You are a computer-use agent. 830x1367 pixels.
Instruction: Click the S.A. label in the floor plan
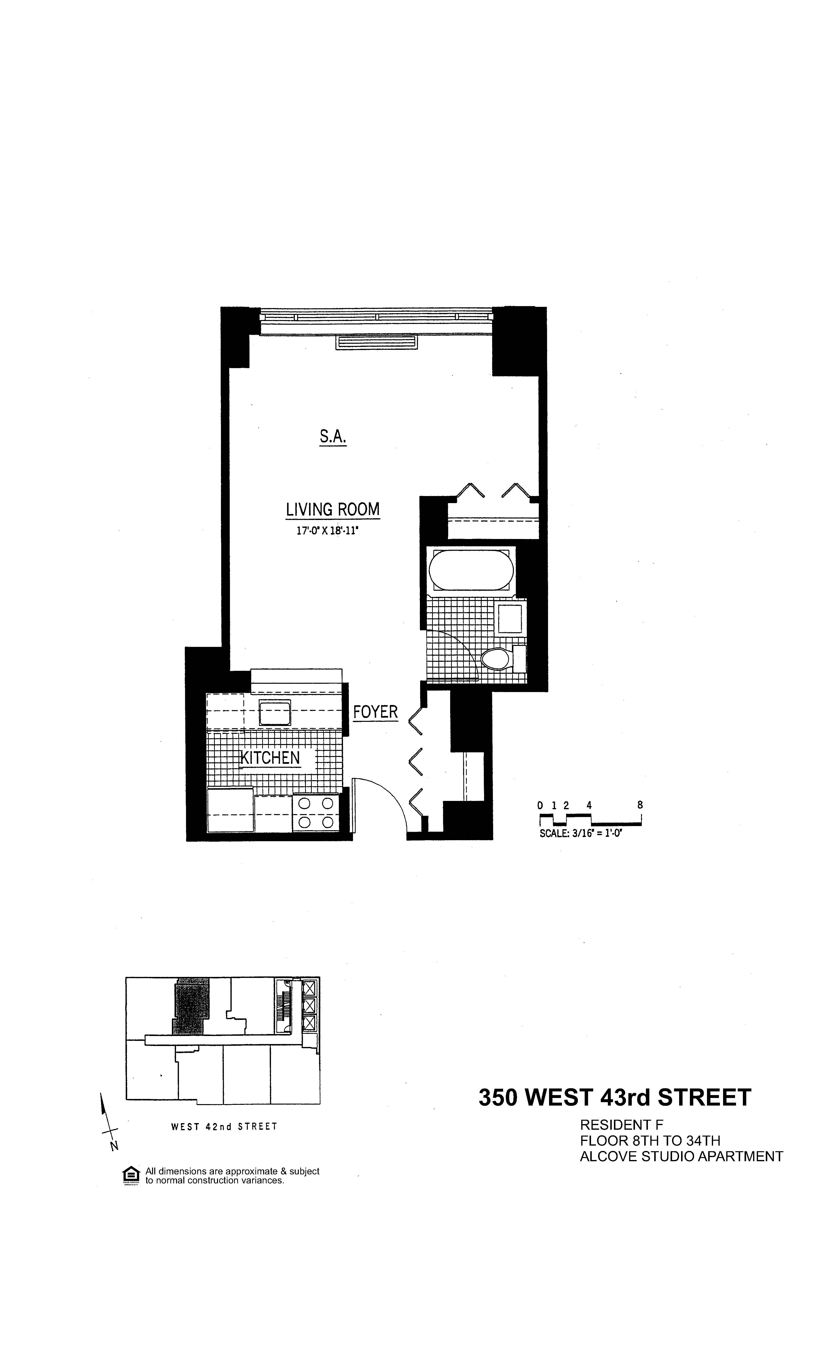pos(332,437)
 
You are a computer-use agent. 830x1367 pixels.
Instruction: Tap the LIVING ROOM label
pos(332,509)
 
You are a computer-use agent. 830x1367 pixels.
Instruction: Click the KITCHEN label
pos(270,758)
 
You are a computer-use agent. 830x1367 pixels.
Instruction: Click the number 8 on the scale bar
pos(640,805)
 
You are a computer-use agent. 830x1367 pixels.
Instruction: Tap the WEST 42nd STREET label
pos(224,1127)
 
